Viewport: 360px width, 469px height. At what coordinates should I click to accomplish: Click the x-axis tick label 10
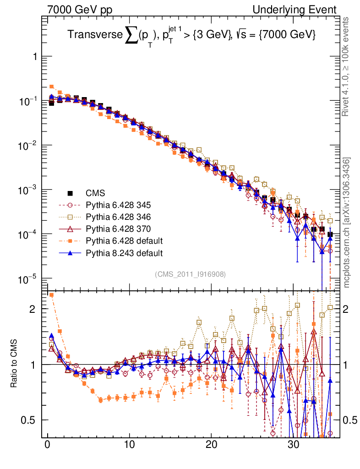point(130,445)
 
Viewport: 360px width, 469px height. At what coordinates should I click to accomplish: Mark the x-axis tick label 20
point(211,445)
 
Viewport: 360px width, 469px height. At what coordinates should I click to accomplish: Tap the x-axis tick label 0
point(48,445)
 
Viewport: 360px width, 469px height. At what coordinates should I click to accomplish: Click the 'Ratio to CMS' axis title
point(15,364)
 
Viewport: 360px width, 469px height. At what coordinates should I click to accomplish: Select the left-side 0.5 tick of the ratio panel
point(30,420)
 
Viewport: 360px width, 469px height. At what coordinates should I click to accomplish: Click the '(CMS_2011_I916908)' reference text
point(190,274)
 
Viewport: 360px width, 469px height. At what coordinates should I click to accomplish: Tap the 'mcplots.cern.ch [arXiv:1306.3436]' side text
point(348,222)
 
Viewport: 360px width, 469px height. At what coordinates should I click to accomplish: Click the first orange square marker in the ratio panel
point(52,295)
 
